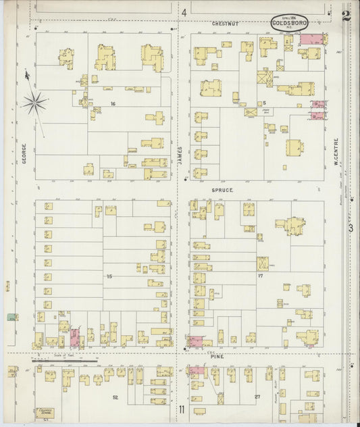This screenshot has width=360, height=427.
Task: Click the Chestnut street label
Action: pyautogui.click(x=225, y=24)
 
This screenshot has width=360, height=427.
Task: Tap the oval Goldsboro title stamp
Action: pyautogui.click(x=289, y=24)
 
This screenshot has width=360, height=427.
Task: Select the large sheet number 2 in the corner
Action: pyautogui.click(x=346, y=16)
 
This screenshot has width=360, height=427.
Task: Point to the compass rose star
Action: pyautogui.click(x=34, y=103)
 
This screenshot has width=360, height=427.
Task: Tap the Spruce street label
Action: pyautogui.click(x=222, y=191)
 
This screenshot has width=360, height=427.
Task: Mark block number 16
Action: pyautogui.click(x=114, y=103)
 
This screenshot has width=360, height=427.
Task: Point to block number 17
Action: pyautogui.click(x=259, y=276)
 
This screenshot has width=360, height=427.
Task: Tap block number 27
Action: pyautogui.click(x=257, y=397)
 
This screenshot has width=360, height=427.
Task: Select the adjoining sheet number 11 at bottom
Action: pyautogui.click(x=182, y=409)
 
